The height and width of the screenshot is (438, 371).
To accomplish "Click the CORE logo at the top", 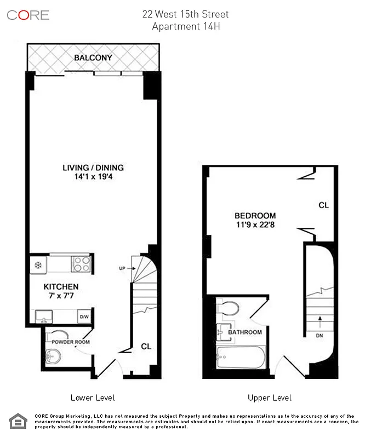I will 28,15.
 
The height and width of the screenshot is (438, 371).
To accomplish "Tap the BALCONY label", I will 93,57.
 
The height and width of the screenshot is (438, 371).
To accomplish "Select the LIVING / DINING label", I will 93,168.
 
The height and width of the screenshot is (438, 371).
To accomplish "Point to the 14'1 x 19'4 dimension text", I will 93,177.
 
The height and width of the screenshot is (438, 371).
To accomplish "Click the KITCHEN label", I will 61,286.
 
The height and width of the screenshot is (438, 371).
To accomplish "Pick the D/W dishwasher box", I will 84,316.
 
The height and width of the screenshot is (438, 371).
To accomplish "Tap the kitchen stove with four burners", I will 81,264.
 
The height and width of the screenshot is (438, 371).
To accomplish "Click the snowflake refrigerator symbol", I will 38,264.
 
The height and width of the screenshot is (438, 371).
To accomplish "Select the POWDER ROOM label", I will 71,342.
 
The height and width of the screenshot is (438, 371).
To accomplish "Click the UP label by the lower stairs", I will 122,268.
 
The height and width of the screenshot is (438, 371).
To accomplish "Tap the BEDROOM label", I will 255,216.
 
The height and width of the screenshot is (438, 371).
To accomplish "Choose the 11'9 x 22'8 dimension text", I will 255,224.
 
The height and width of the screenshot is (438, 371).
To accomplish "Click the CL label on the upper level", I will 323,205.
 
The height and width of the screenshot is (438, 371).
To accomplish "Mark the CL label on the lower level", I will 146,346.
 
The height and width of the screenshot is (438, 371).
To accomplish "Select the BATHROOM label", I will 245,332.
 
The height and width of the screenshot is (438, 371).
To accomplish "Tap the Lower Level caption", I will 93,397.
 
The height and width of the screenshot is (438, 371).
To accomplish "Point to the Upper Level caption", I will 269,397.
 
